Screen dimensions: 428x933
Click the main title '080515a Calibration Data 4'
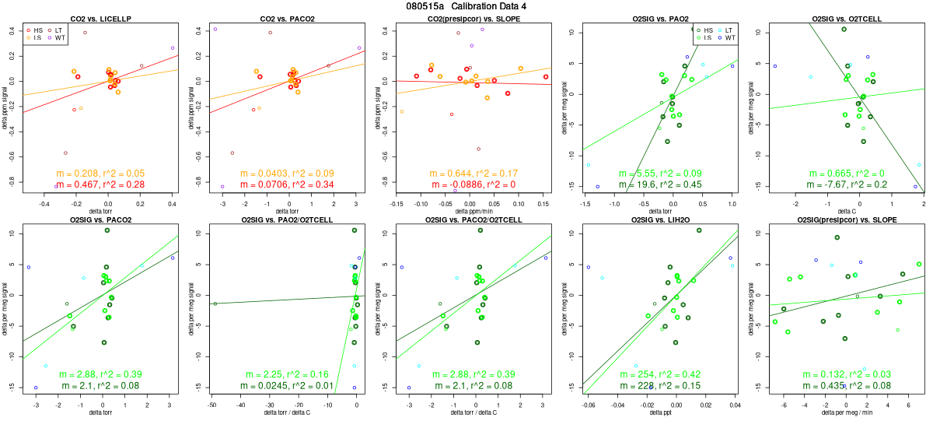466,5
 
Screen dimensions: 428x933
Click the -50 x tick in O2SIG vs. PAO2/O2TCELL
212,405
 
